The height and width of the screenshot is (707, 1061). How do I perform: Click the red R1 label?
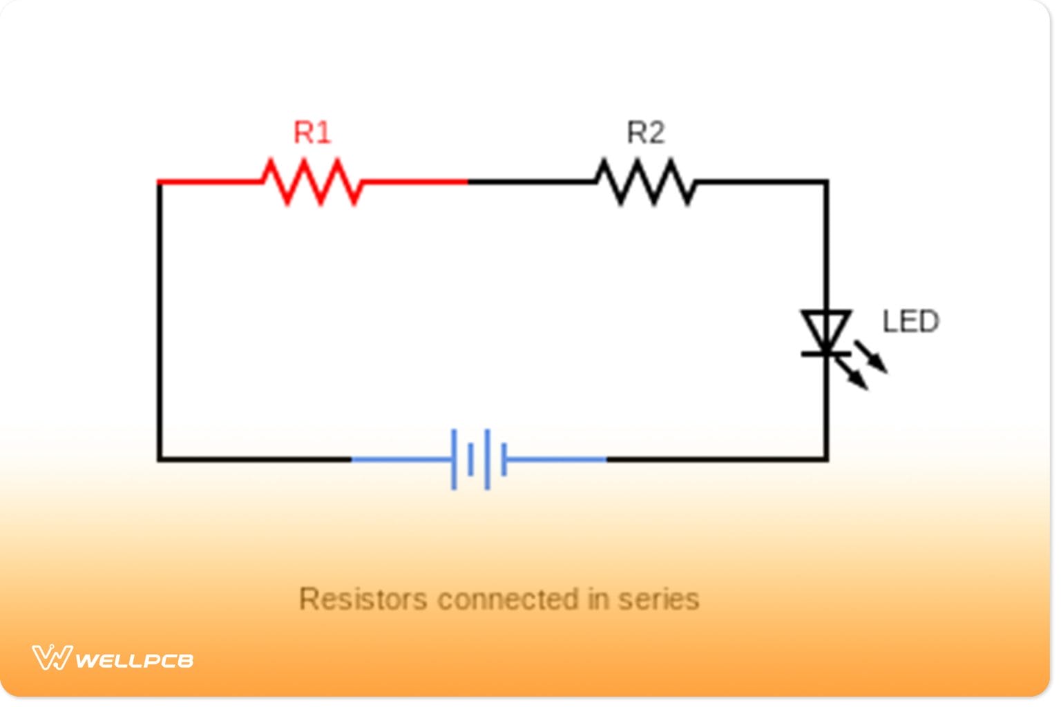click(x=312, y=133)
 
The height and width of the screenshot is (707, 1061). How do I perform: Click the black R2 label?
click(x=645, y=133)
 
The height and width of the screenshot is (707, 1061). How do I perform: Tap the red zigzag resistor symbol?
click(x=312, y=182)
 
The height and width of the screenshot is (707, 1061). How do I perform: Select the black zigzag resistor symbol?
click(x=645, y=182)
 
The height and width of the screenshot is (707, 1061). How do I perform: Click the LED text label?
click(x=910, y=322)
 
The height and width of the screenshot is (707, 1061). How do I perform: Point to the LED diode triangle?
click(x=825, y=331)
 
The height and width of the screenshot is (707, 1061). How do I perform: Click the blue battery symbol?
click(x=479, y=459)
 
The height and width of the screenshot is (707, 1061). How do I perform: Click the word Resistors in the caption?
click(x=363, y=599)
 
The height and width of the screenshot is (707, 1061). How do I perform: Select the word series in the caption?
click(x=658, y=599)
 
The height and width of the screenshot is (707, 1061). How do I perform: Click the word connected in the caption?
click(x=508, y=599)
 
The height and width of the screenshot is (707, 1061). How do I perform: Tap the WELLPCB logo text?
click(x=134, y=661)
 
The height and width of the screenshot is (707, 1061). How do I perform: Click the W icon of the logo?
click(x=52, y=657)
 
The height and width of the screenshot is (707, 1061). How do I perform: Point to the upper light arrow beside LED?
click(x=872, y=357)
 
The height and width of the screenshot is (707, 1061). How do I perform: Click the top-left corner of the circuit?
click(x=160, y=182)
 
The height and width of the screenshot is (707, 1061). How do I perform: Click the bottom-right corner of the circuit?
click(x=826, y=459)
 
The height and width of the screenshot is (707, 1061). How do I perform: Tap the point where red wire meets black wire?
click(x=468, y=182)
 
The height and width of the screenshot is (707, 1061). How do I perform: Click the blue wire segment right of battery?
click(x=556, y=459)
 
